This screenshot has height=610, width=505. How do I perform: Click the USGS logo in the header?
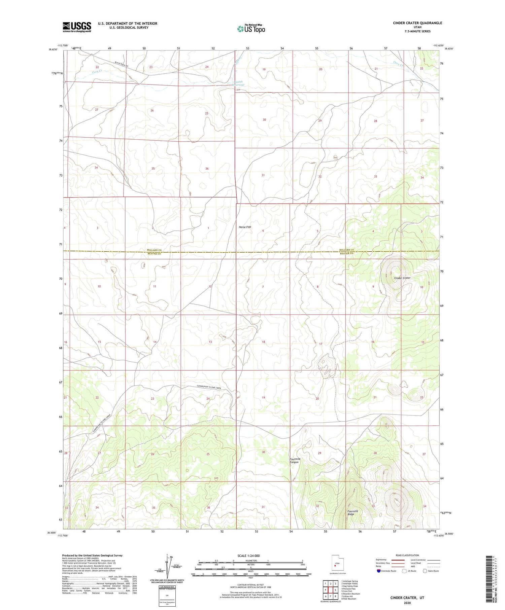77,27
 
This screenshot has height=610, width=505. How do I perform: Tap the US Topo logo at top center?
251,29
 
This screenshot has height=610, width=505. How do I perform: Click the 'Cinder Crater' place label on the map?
402,278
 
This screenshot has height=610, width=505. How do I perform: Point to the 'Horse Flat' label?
245,227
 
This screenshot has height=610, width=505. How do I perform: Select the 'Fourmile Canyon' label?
294,461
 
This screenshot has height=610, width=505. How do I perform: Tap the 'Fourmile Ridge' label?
352,513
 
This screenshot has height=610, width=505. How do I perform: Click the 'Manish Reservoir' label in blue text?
238,83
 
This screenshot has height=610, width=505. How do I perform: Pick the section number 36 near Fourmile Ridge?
208,507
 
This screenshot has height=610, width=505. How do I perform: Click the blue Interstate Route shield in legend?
379,571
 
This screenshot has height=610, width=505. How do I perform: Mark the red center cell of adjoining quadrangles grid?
330,590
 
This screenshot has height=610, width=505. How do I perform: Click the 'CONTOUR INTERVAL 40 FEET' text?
250,585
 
